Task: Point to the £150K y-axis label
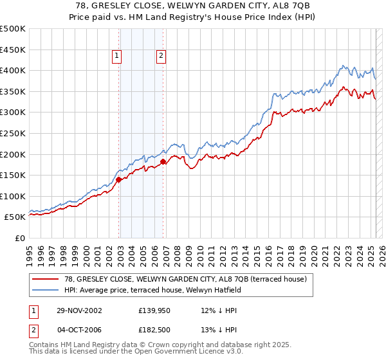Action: tap(12, 175)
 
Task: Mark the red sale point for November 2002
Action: tap(119, 180)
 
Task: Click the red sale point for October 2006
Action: tap(163, 162)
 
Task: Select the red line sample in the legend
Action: tap(46, 278)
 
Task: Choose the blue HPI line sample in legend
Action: tap(46, 289)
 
